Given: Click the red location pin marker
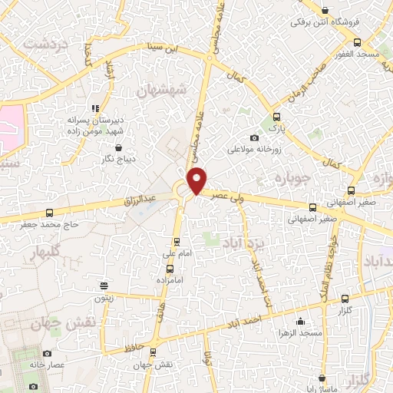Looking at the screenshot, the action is coord(198,180).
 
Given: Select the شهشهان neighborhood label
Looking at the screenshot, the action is coord(162,90).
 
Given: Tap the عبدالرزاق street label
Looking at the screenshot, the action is coord(140,201).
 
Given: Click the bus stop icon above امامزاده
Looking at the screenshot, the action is coord(170,269).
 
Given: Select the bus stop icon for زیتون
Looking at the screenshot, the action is coord(104,285).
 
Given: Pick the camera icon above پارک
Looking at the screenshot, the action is coord(277,117).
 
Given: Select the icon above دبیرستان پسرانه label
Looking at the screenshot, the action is coord(95,110).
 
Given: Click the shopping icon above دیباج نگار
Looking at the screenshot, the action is coord(119,147).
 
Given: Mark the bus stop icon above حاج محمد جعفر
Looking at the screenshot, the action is coord(50,213).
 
